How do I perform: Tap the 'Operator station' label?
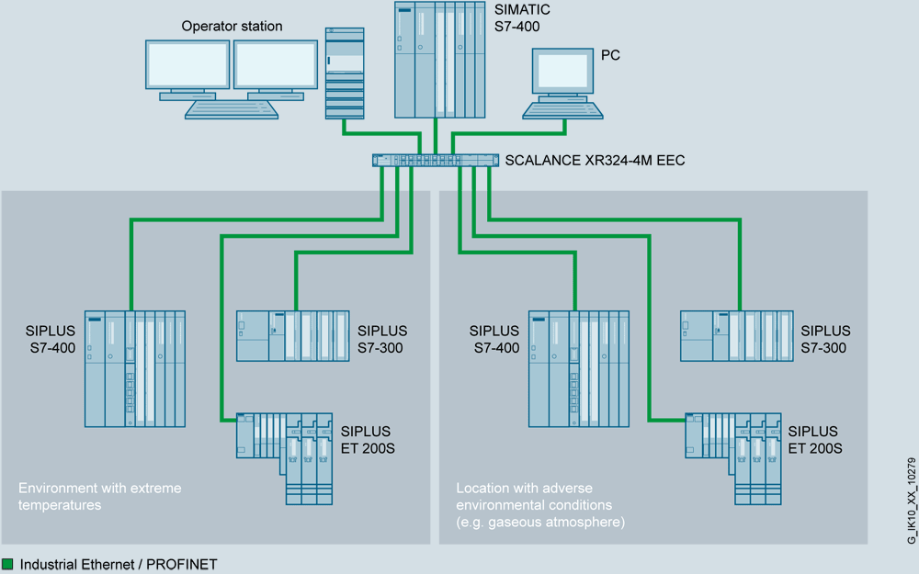point(232,27)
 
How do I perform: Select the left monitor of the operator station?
point(187,65)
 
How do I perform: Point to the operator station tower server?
point(344,73)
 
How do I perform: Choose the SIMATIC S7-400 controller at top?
point(440,60)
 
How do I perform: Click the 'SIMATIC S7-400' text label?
point(523,17)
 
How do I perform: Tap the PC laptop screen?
point(563,72)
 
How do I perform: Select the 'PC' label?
point(610,55)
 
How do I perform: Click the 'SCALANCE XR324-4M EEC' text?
point(595,161)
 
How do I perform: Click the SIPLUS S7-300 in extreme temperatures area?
point(292,335)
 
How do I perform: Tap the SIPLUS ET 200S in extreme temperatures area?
point(285,449)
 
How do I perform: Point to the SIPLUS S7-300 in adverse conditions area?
point(736,335)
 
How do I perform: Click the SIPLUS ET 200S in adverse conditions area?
point(732,449)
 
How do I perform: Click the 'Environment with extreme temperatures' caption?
point(100,496)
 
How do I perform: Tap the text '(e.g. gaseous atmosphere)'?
point(541,522)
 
